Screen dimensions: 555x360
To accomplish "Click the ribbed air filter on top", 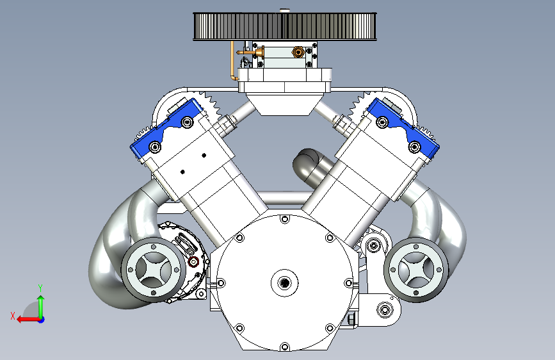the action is tap(285, 26).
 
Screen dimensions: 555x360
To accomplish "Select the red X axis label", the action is tap(13, 316).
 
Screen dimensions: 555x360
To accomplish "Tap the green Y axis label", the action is tap(40, 288).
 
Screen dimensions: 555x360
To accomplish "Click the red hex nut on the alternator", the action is tap(193, 262).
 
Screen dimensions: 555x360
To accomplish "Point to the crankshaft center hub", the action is tap(285, 282).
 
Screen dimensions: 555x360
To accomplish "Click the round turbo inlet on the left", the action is tap(153, 270).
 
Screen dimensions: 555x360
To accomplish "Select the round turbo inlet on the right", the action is tap(416, 270).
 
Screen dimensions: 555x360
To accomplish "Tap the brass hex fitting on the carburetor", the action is tap(298, 53).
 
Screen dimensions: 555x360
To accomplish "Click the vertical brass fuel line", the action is tap(232, 60).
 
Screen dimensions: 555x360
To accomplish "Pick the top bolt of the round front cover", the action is tap(285, 219).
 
